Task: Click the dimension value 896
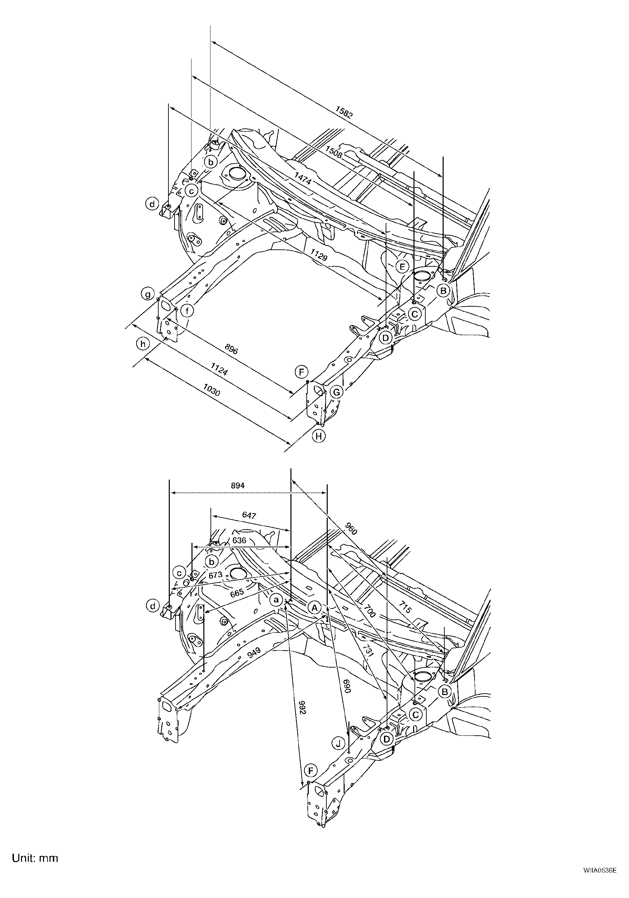pos(231,349)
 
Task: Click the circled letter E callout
pos(402,267)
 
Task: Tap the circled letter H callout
pos(319,436)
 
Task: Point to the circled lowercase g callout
pos(148,294)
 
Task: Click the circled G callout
pos(337,391)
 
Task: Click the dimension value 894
pos(238,485)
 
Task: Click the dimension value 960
pos(351,530)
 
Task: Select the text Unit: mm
pos(35,847)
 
